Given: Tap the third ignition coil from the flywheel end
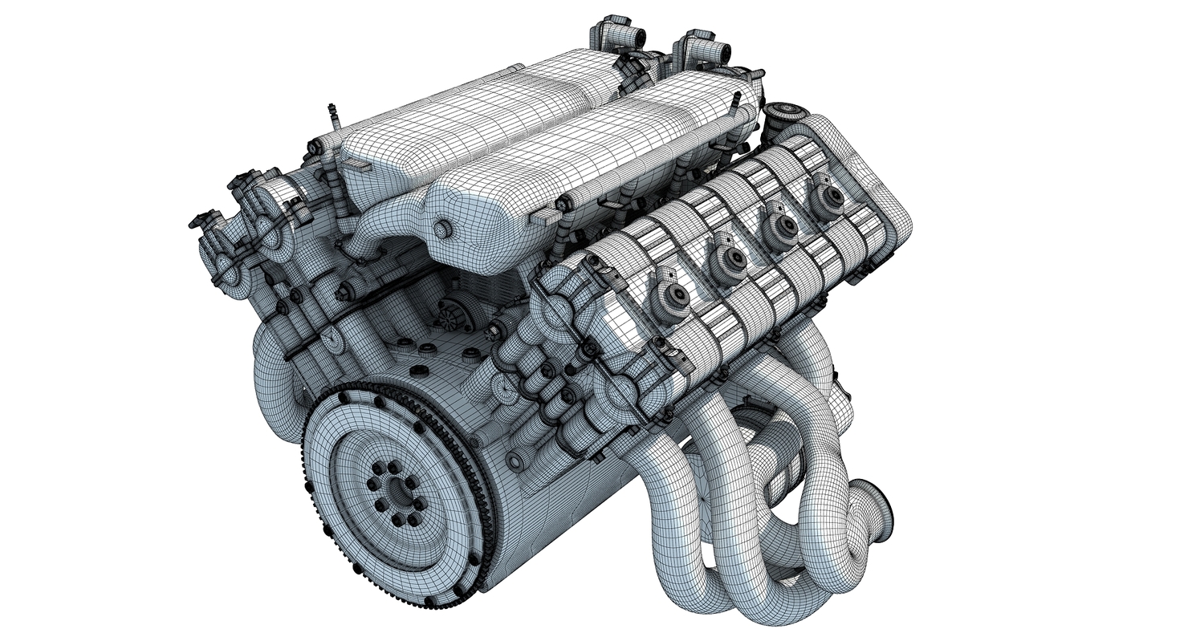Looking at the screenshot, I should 780,225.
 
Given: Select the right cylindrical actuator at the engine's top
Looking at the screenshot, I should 705,50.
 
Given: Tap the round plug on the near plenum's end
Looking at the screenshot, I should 443,230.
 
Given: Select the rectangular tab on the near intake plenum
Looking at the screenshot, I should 546,217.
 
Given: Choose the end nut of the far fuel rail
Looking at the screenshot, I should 315,148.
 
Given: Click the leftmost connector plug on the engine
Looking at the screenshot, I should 199,219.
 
